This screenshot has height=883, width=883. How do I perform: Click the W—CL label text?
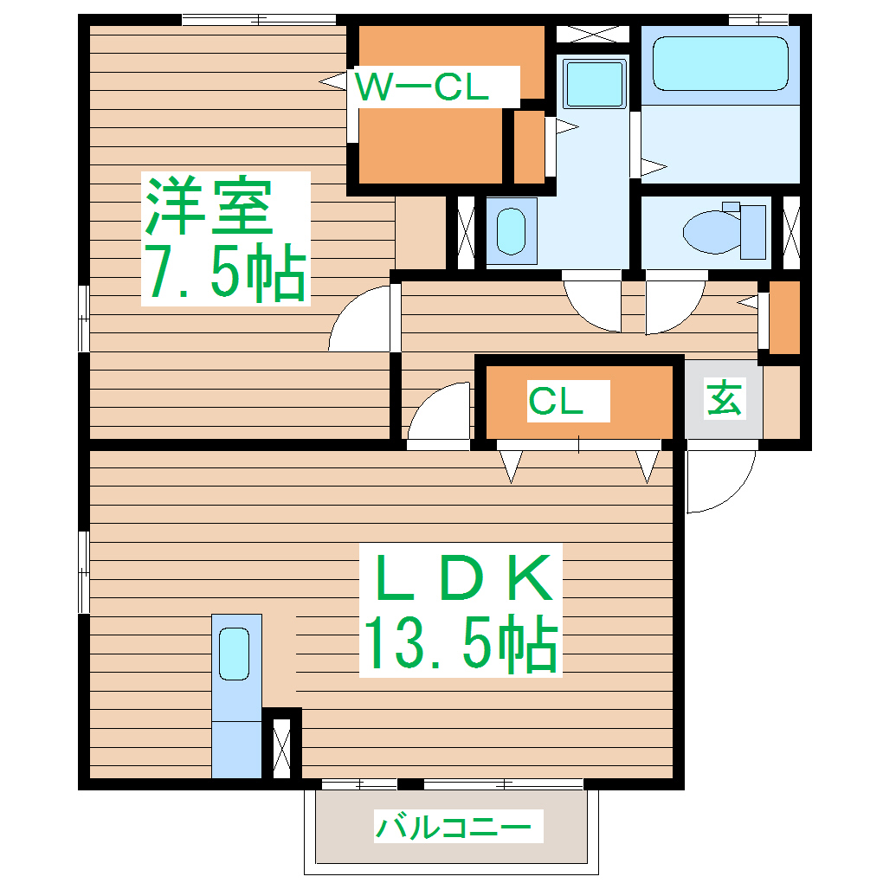[423, 87]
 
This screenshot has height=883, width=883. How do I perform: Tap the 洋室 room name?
[209, 207]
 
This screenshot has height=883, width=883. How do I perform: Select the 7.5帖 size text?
[224, 271]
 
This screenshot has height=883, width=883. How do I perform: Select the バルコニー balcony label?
[452, 828]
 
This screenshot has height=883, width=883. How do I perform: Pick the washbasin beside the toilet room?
[512, 230]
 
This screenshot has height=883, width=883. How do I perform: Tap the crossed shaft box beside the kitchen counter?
[281, 744]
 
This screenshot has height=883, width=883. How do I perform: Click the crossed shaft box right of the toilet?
[791, 231]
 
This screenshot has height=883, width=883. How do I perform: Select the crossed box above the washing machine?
[592, 35]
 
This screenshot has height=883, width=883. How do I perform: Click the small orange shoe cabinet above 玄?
[784, 317]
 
